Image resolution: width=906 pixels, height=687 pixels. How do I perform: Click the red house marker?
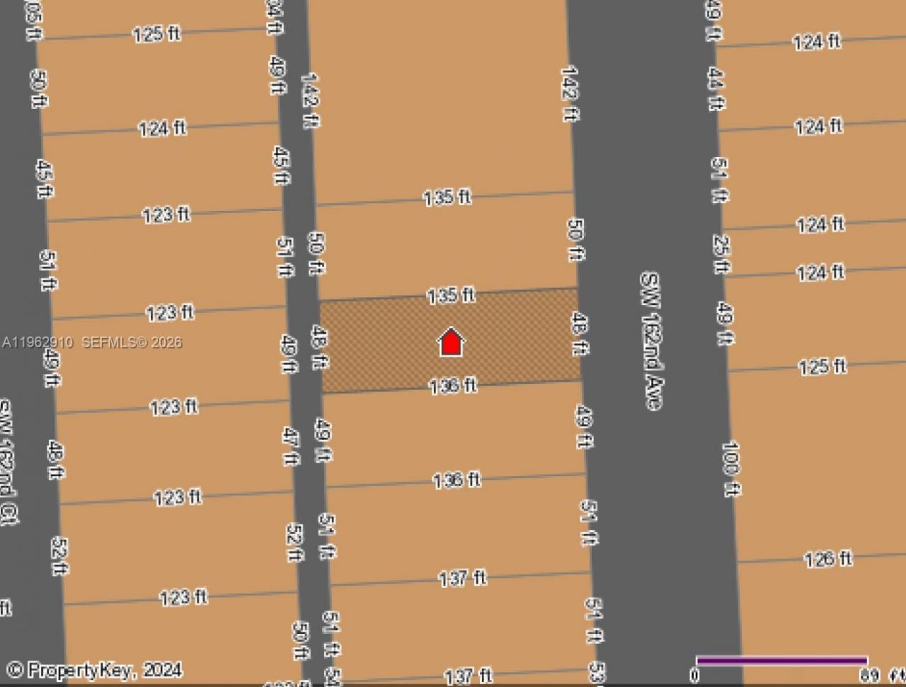(451, 342)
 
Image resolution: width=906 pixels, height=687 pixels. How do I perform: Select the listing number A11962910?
(37, 342)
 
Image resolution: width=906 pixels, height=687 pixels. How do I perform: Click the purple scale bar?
(781, 661)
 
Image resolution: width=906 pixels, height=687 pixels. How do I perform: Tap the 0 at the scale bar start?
(695, 675)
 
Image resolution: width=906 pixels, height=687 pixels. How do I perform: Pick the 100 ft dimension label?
(730, 468)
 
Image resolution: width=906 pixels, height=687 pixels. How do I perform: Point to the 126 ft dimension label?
(828, 559)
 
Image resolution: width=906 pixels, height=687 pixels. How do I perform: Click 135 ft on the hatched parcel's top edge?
(450, 295)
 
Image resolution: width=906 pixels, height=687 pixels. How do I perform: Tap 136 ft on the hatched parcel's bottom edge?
(453, 386)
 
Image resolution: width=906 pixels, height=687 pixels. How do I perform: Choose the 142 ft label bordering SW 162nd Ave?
(569, 93)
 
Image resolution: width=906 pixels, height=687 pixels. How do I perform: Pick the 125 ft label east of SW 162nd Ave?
(822, 366)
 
